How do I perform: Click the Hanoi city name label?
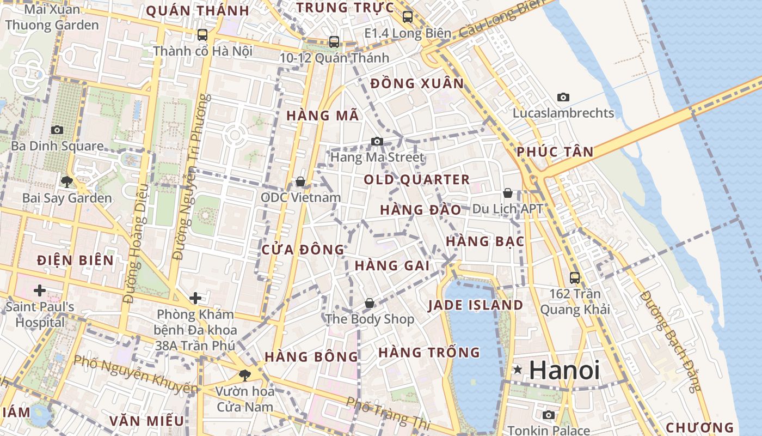pos(564,370)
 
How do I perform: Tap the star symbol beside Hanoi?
pos(518,370)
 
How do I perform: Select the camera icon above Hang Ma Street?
pos(377,142)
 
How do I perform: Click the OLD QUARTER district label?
pos(416,180)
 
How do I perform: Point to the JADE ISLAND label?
pos(475,305)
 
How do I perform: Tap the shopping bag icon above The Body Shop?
pos(370,303)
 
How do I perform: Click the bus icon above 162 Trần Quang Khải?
pos(575,277)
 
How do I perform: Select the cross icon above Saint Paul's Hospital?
pos(39,290)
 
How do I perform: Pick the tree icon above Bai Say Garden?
pos(67,181)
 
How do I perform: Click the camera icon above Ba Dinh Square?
pos(57,130)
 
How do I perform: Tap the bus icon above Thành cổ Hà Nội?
pos(202,35)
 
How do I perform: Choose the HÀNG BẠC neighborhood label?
pos(484,241)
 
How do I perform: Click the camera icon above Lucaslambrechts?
pos(563,98)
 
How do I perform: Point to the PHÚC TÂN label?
pos(555,152)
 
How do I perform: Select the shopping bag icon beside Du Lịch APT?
pos(507,193)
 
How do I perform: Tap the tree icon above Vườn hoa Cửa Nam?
pos(245,374)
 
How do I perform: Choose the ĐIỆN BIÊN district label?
pos(75,261)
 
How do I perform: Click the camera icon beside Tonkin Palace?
pos(549,415)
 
